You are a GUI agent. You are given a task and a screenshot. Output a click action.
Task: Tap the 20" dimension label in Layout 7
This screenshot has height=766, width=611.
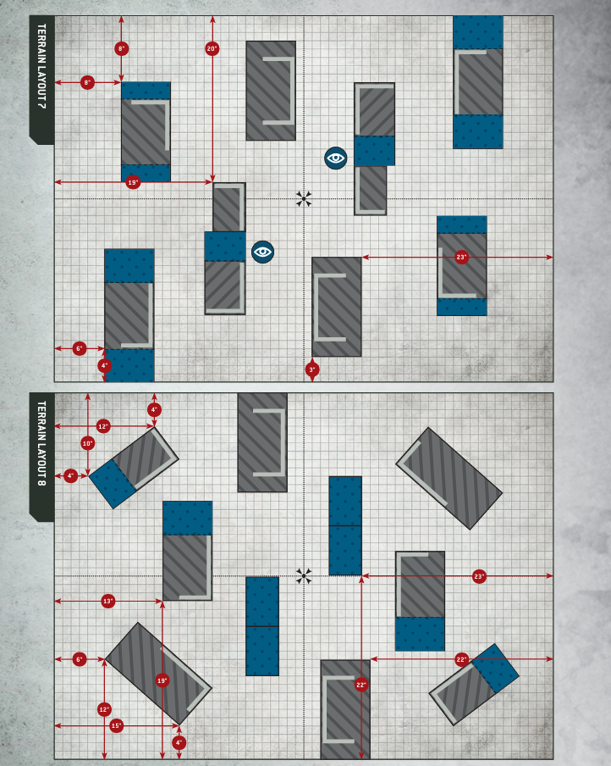(x=212, y=49)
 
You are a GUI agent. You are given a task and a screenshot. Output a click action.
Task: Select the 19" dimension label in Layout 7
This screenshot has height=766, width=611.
(x=133, y=182)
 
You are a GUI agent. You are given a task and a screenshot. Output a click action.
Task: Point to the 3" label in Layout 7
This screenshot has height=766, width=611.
(x=311, y=369)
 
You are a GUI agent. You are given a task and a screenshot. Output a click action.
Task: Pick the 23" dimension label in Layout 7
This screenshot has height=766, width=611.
(x=461, y=257)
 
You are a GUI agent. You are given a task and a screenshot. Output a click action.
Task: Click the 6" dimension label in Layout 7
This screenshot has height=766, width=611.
(x=80, y=348)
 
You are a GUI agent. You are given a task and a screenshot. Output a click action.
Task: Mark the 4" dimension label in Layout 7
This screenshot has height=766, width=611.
(x=105, y=366)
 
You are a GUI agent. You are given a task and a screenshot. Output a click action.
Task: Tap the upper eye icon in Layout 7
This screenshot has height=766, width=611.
(x=336, y=158)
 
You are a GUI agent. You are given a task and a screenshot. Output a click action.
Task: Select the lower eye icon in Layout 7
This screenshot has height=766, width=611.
(x=262, y=252)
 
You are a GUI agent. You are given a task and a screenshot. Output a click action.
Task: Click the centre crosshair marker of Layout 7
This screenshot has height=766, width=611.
(x=305, y=199)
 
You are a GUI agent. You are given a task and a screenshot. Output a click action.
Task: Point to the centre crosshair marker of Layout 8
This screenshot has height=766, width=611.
(x=305, y=576)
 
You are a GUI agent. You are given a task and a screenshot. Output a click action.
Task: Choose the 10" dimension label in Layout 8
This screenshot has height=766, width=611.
(x=87, y=443)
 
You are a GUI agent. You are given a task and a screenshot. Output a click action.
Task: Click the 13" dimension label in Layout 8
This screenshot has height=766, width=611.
(x=107, y=601)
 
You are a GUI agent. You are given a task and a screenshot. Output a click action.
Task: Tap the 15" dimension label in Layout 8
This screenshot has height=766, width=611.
(x=117, y=725)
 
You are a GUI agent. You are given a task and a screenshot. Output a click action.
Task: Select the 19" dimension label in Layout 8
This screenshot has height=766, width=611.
(x=162, y=680)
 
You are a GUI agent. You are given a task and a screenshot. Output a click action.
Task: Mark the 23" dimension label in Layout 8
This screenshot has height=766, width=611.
(x=479, y=576)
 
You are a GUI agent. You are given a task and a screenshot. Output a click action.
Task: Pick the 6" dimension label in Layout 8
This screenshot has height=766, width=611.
(x=80, y=658)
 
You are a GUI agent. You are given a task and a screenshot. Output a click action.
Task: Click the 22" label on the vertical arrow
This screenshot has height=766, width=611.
(x=361, y=685)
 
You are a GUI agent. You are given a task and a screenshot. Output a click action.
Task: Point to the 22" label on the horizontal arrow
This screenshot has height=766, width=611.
(x=461, y=658)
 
